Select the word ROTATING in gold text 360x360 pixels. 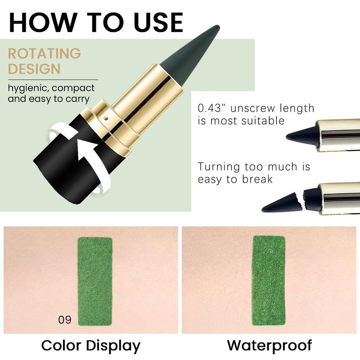tap(45, 54)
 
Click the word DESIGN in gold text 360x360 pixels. tap(34, 69)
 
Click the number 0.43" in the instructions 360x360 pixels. tap(212, 108)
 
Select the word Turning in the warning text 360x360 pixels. tap(219, 167)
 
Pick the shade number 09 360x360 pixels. tap(65, 320)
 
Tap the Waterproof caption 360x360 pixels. tap(270, 345)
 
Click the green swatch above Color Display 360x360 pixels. tap(95, 282)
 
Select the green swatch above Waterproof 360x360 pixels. tap(269, 280)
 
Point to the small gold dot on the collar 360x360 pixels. tap(106, 118)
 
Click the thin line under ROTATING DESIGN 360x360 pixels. tap(53, 80)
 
